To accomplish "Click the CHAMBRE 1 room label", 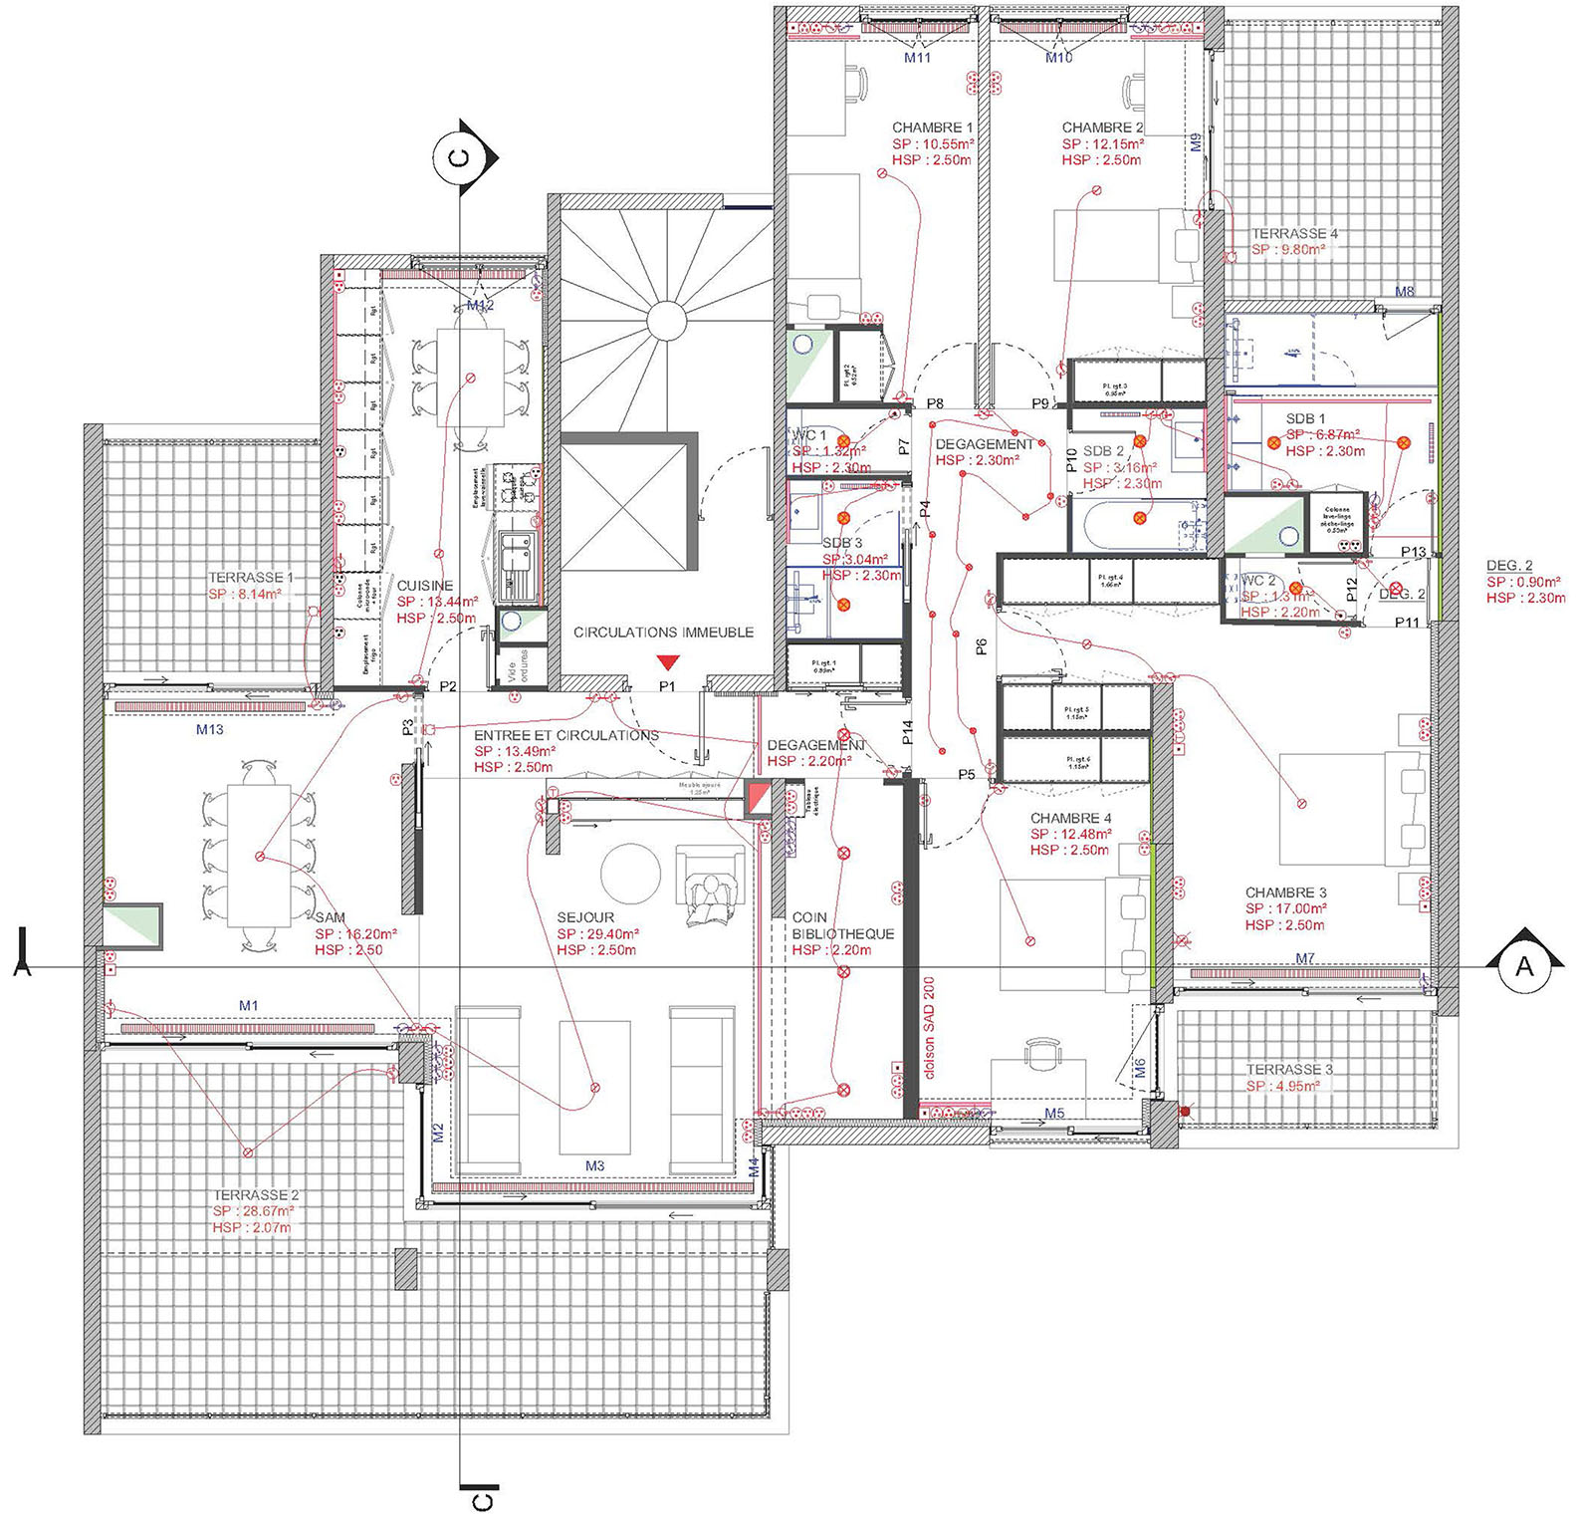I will click(x=932, y=127).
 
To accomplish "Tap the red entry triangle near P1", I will click(x=669, y=661).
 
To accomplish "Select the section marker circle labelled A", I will click(x=1523, y=966).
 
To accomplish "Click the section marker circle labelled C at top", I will click(x=459, y=157).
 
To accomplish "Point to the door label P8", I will click(x=935, y=403).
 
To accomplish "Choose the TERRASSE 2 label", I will click(x=256, y=1195).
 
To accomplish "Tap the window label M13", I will click(x=209, y=729).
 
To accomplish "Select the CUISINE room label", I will click(x=425, y=586).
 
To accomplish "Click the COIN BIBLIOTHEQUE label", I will click(x=842, y=926).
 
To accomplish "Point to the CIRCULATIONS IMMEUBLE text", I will click(x=663, y=632).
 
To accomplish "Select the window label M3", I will click(x=594, y=1165).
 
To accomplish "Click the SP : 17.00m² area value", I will click(x=1285, y=908).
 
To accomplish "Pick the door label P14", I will click(x=908, y=734).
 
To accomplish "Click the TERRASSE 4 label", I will click(x=1294, y=233).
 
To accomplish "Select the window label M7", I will click(x=1305, y=958).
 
